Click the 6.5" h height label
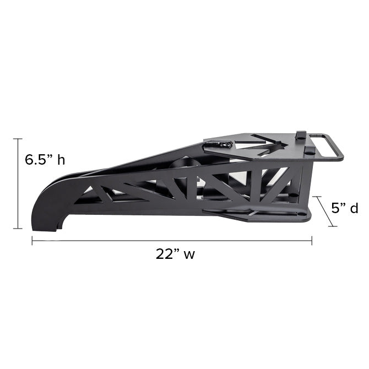point(45,160)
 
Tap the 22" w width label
point(175,254)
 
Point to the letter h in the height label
point(62,160)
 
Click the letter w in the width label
point(189,255)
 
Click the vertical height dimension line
point(18,183)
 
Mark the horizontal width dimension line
point(172,241)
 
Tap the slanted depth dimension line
point(325,211)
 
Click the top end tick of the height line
point(18,139)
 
